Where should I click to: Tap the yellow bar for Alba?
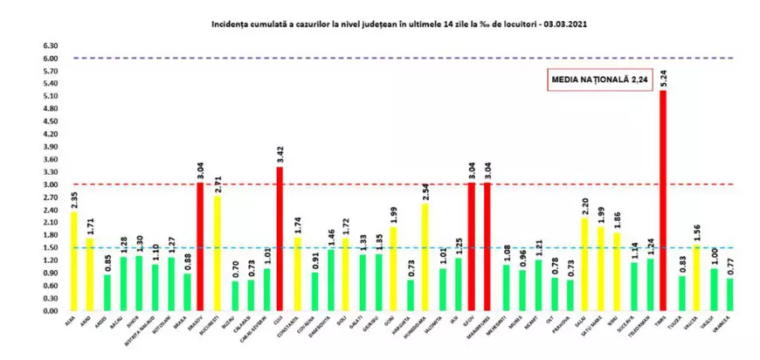(x=74, y=261)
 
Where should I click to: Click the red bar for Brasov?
(x=199, y=246)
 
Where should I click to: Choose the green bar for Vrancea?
(x=729, y=294)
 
